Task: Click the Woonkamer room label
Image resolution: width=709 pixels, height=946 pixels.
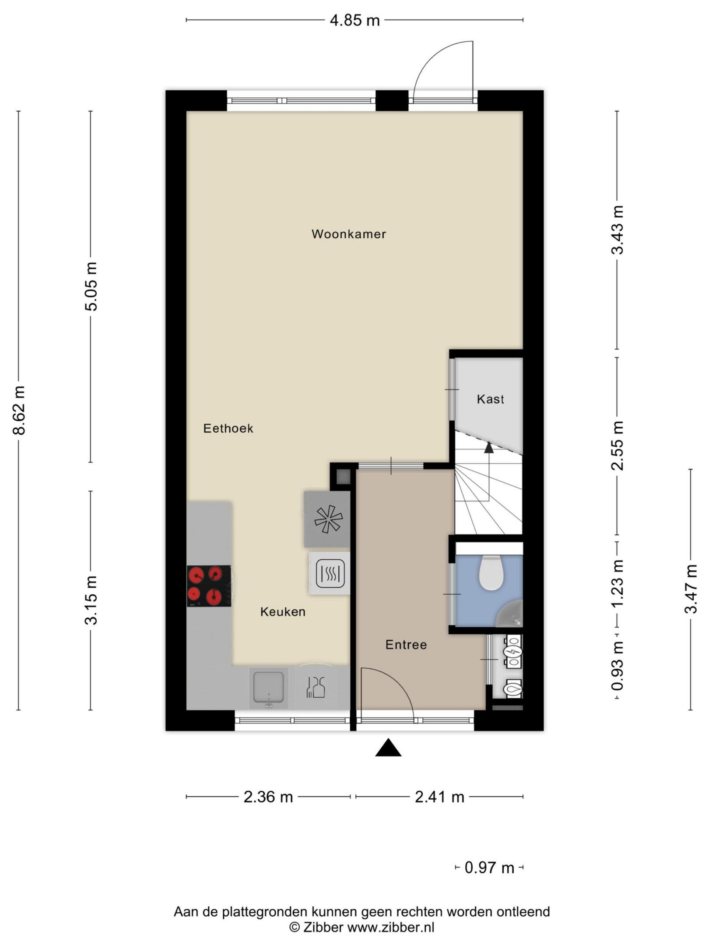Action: (348, 234)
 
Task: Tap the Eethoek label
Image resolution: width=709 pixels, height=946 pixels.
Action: (228, 428)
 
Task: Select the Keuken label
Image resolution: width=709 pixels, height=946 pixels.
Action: (283, 612)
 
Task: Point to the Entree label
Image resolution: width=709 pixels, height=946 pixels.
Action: (406, 645)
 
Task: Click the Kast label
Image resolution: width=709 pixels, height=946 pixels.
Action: (490, 399)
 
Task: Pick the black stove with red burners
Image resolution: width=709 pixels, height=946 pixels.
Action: (209, 586)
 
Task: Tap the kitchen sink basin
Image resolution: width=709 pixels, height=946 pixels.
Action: (268, 687)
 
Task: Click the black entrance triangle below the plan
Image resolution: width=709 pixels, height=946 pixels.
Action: (388, 748)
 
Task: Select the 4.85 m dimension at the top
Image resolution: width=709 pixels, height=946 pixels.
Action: (354, 21)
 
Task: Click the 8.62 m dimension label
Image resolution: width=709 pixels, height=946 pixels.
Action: (19, 410)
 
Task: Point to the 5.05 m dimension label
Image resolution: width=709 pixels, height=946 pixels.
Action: (91, 286)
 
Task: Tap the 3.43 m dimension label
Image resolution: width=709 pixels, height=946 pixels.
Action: (618, 230)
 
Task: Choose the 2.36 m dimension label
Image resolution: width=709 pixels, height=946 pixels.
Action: (268, 797)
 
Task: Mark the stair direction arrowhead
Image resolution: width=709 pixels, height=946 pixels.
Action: (489, 447)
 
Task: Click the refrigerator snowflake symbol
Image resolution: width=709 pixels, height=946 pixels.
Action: (328, 519)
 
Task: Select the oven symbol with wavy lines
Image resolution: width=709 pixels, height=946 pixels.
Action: (330, 573)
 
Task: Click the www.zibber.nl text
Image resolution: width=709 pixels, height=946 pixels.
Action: (390, 927)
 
